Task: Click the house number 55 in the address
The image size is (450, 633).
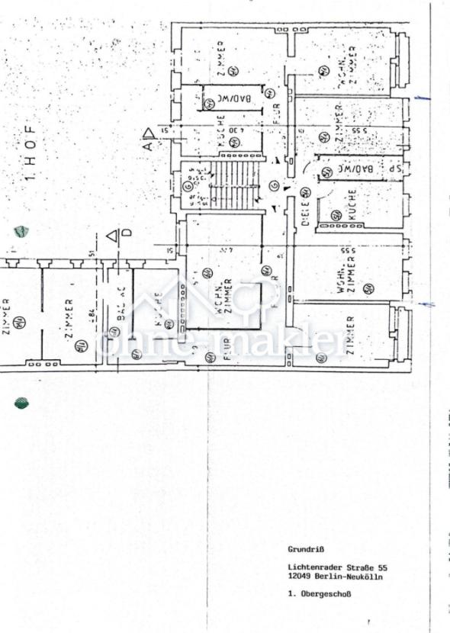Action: [x=384, y=567]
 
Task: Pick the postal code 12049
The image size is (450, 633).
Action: [x=298, y=577]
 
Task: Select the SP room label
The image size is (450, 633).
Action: [x=393, y=169]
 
